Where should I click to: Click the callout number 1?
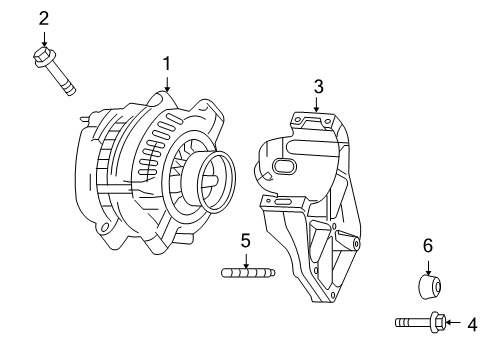[167, 63]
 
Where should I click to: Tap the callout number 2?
[43, 17]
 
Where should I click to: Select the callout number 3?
[318, 86]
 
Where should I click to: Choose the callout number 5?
[245, 240]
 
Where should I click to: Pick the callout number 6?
[427, 245]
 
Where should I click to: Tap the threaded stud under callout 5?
[246, 271]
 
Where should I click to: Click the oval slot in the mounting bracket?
[284, 167]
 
